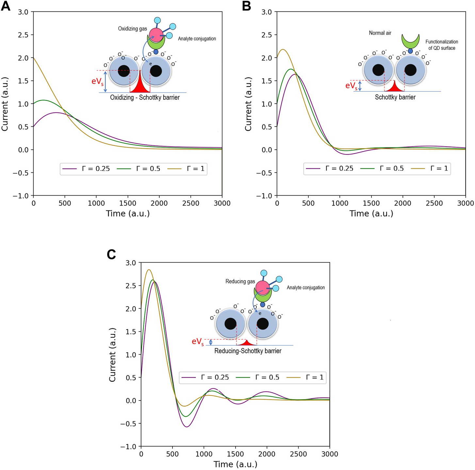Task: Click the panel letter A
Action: click(x=6, y=6)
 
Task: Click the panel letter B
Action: click(x=246, y=6)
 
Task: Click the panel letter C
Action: click(x=111, y=254)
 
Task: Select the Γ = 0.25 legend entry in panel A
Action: click(x=86, y=169)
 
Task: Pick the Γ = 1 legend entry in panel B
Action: click(x=430, y=169)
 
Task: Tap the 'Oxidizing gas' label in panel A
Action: click(x=132, y=29)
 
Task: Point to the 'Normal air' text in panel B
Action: click(x=380, y=33)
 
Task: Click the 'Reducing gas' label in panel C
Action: click(x=240, y=282)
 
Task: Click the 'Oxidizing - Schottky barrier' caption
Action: click(x=145, y=97)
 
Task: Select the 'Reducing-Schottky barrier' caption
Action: click(x=248, y=351)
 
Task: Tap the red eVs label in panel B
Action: click(x=352, y=86)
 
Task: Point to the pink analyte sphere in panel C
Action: click(x=263, y=288)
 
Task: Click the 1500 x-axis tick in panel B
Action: click(x=371, y=203)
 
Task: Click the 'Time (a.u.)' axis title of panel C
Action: click(x=235, y=464)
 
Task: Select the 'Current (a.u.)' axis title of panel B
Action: click(x=248, y=104)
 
